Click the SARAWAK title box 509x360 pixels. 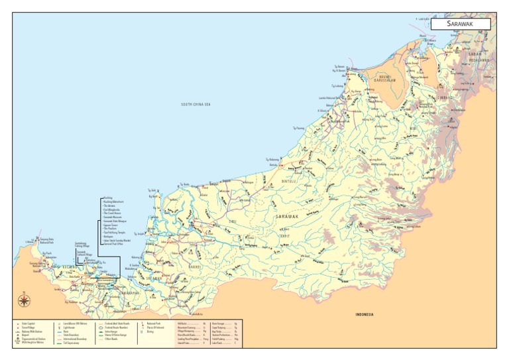point(460,24)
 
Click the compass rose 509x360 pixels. point(24,301)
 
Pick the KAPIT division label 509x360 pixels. point(284,235)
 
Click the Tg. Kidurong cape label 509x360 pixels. point(272,159)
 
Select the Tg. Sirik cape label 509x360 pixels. point(152,190)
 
